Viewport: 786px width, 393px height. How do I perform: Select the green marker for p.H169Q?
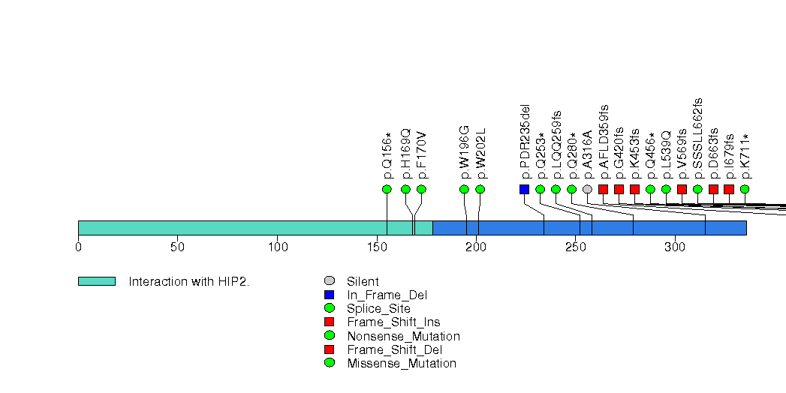click(x=405, y=189)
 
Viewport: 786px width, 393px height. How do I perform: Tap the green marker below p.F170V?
click(x=421, y=189)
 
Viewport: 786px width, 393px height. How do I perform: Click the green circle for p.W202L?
click(x=480, y=189)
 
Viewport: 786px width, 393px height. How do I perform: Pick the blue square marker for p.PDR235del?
click(x=524, y=189)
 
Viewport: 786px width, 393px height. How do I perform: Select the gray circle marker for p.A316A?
click(x=587, y=189)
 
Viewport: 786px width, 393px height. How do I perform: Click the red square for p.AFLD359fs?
click(x=603, y=189)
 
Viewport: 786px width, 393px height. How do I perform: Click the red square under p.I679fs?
click(x=729, y=189)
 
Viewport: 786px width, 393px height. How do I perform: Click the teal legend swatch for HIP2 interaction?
click(x=96, y=281)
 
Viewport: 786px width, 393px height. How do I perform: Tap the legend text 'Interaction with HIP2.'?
click(x=188, y=282)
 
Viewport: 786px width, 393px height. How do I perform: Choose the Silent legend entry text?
click(x=363, y=282)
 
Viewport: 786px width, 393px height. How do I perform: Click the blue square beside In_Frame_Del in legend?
click(x=330, y=295)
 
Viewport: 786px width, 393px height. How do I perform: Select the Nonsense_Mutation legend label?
click(x=403, y=336)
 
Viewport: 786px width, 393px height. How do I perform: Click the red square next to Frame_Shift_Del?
click(x=330, y=349)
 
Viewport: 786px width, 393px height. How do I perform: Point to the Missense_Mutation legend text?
click(x=402, y=364)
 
